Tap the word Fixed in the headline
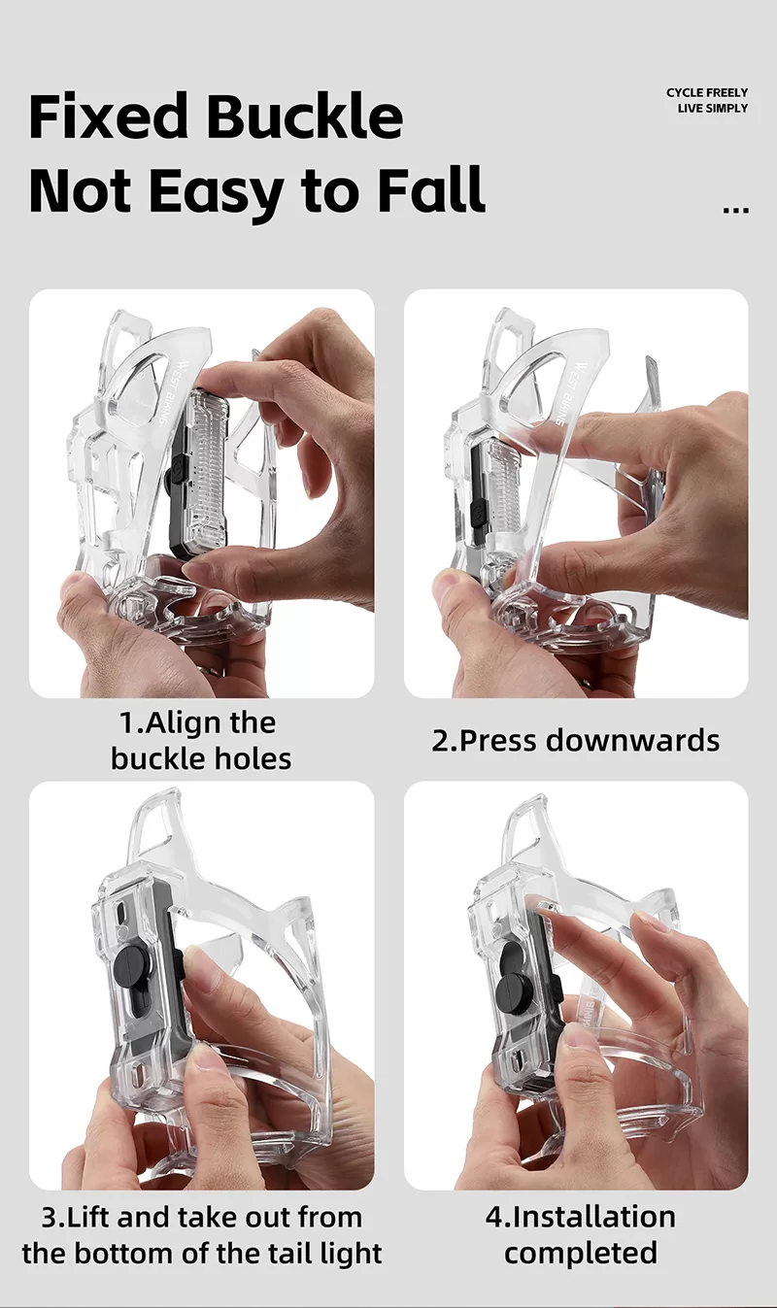point(109,115)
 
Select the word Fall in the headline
point(432,188)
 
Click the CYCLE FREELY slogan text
point(707,93)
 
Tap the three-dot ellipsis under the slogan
point(736,210)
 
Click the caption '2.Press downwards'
point(576,740)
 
